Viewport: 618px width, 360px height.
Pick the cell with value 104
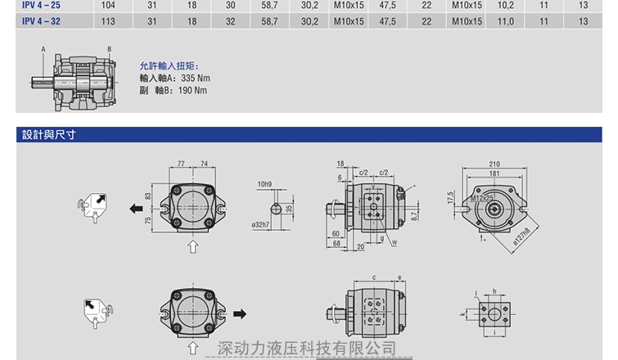[x=107, y=5]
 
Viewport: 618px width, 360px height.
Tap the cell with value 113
[x=107, y=21]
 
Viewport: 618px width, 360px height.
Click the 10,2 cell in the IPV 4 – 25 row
[x=506, y=5]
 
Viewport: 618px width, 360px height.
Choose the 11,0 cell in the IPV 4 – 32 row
[x=506, y=21]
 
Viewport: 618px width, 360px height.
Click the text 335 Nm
[x=195, y=78]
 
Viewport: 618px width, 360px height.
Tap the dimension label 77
[x=181, y=164]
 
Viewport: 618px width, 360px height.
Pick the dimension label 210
[x=494, y=164]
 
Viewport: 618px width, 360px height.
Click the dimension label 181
[x=494, y=173]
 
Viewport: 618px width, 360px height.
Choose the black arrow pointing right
[x=240, y=313]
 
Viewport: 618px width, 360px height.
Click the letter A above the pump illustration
[x=43, y=50]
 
